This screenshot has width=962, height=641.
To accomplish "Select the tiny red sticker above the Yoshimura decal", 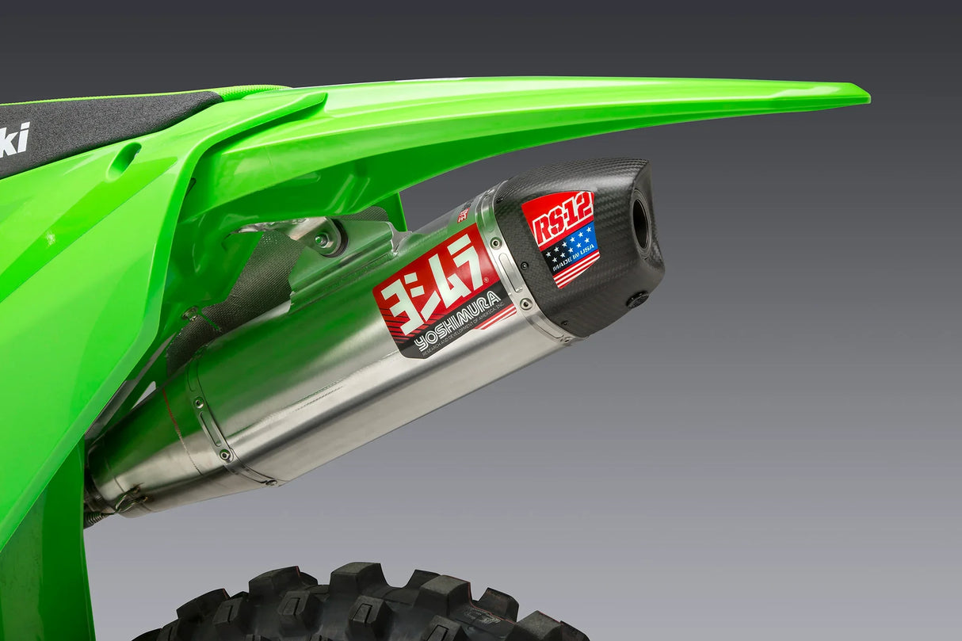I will coord(464,212).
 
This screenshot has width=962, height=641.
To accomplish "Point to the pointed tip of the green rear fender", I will coord(864,97).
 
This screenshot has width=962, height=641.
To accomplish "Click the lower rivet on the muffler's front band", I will coord(225,455).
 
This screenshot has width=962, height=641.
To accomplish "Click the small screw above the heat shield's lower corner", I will coord(191,315).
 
